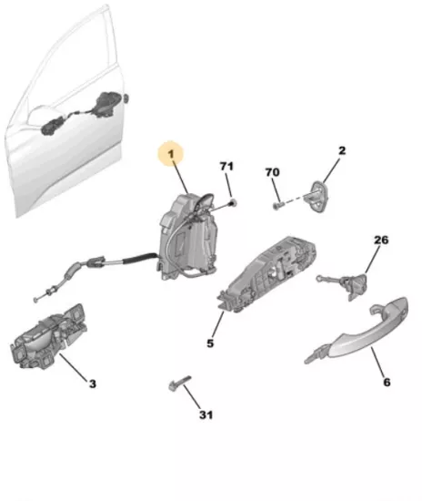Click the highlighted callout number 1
172,154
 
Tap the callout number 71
226,166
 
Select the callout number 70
273,172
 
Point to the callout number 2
342,150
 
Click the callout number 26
381,240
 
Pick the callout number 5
210,343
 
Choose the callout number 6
387,382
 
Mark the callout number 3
92,383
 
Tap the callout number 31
206,414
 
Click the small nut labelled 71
233,202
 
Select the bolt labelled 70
277,205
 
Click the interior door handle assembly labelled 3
49,337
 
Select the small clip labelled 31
179,383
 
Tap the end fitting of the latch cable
35,300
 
